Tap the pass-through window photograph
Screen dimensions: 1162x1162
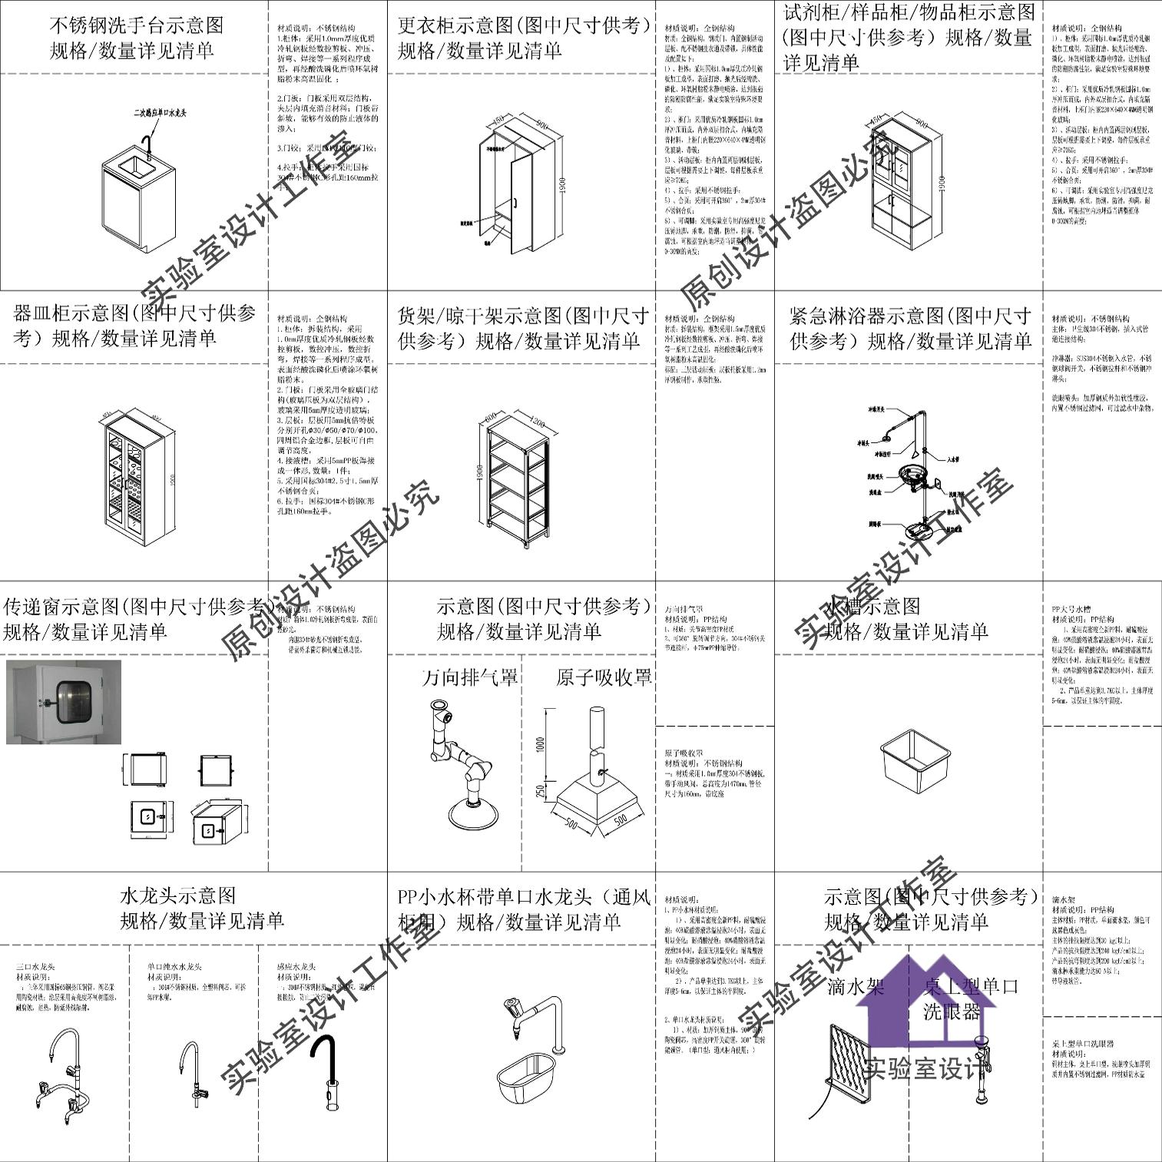[x=64, y=701]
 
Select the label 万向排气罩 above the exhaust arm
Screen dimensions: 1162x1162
[x=470, y=677]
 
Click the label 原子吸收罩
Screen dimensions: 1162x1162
[x=604, y=677]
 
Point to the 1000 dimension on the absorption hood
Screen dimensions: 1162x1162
[x=540, y=744]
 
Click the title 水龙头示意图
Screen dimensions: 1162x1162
[x=177, y=896]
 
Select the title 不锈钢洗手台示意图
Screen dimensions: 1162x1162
[x=137, y=25]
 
